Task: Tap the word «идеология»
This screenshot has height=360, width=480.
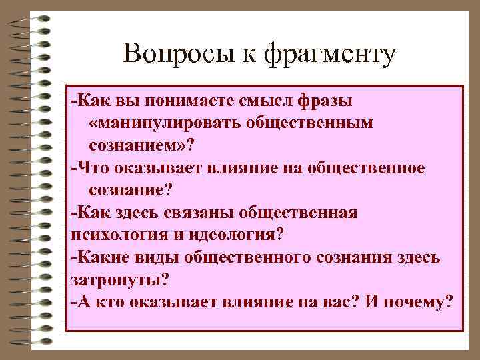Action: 231,235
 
